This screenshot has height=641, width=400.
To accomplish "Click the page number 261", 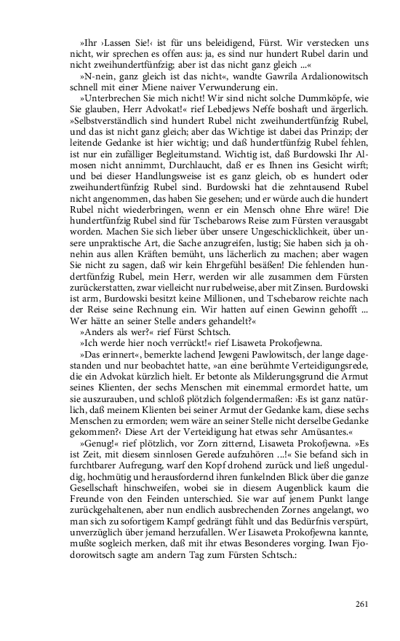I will point(364,603).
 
